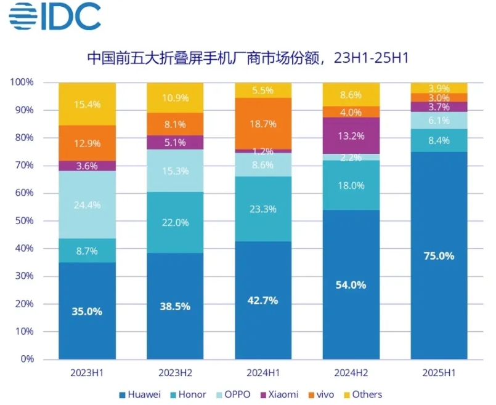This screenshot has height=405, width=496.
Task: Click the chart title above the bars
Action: tap(248, 58)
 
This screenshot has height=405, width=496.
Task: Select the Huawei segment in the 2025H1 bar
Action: tap(439, 255)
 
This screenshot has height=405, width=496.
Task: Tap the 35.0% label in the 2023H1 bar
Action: tap(87, 311)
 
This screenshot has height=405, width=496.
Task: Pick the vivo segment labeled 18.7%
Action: tap(263, 123)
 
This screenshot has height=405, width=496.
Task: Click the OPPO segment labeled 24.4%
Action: tap(87, 204)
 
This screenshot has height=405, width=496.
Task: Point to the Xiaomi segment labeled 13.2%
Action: tap(351, 135)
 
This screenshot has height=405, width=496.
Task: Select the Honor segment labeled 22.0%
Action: tap(175, 222)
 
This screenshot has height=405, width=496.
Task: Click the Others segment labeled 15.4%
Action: tap(87, 103)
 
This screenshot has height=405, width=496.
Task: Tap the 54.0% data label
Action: tap(351, 285)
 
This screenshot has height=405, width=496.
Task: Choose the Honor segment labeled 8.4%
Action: tap(439, 140)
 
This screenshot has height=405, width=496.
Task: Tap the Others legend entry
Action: tap(362, 395)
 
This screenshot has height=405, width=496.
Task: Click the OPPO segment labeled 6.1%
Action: tap(439, 121)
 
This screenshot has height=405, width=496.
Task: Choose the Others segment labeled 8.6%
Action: tap(351, 95)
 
